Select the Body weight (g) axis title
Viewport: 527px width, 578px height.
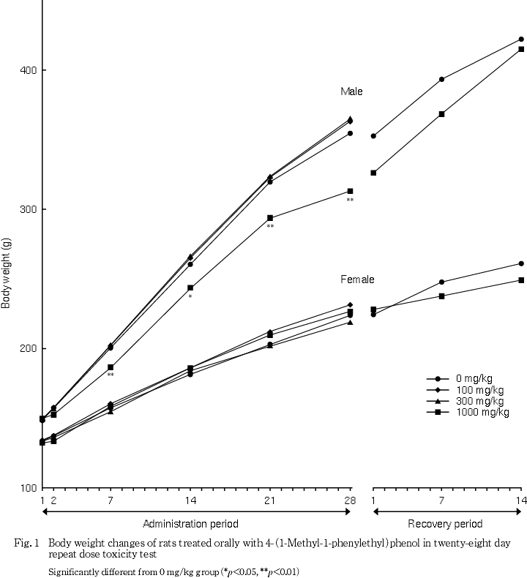(x=7, y=274)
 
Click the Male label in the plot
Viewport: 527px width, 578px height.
(x=351, y=92)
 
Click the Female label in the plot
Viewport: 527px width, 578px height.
(x=357, y=280)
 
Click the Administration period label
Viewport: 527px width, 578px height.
(x=190, y=524)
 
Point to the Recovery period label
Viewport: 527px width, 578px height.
(x=445, y=524)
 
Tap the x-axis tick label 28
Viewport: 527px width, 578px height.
(x=351, y=500)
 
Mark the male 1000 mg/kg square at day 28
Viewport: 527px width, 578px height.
(x=351, y=191)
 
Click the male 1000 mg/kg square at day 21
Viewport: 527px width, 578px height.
(x=270, y=218)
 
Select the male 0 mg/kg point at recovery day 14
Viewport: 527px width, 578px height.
(x=521, y=40)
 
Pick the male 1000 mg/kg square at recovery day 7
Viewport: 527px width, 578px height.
(x=442, y=114)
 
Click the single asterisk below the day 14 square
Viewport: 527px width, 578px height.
(x=190, y=297)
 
